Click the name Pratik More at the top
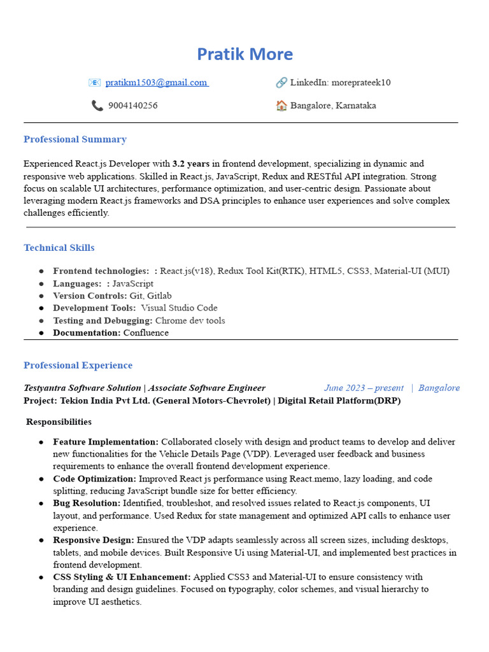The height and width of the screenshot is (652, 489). coord(244,54)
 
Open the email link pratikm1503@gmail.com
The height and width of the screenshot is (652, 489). coord(156,83)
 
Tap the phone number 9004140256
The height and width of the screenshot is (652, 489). coord(132,106)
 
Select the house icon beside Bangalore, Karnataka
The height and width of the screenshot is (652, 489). coord(281,106)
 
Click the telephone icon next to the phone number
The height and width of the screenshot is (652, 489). coord(97,106)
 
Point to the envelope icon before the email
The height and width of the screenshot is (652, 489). coord(94,83)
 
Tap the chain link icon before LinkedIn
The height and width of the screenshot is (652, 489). coord(281,83)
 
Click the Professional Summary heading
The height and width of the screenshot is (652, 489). coord(75,139)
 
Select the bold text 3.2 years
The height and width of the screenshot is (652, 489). coord(191,164)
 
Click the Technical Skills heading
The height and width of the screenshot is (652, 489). coord(59,248)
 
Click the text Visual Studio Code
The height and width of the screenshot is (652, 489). coord(179,308)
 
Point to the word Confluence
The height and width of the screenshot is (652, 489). coord(146,333)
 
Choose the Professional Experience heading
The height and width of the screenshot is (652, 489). coord(78,365)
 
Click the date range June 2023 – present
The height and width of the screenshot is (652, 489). coord(364,388)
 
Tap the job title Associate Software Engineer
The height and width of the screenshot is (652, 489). coord(207,388)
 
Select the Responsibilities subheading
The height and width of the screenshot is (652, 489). coord(59,422)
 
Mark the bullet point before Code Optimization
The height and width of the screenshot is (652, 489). coord(41,479)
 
